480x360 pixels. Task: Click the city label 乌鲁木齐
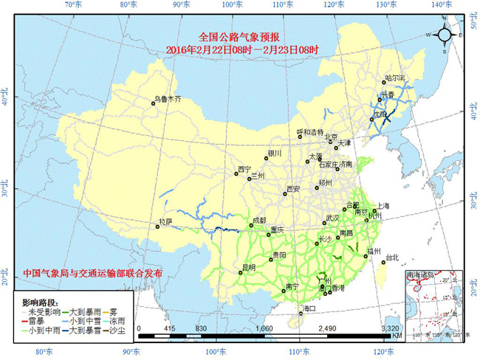coord(168,98)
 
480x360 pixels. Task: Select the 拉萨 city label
coord(165,221)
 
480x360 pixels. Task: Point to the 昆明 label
coord(249,267)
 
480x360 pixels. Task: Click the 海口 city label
coord(309,308)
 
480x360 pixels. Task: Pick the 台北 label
coord(392,257)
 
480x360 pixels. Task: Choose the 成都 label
coord(258,221)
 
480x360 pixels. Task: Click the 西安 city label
coord(293,190)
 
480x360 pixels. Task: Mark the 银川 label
coord(275,153)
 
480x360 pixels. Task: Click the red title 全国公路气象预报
coord(241,36)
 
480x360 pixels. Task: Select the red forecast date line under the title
coord(241,49)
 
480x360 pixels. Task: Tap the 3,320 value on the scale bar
coord(390,328)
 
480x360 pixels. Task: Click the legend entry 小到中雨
coord(44,331)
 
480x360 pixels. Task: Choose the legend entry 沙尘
coord(117,331)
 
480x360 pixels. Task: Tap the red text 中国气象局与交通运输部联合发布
coord(93,273)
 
